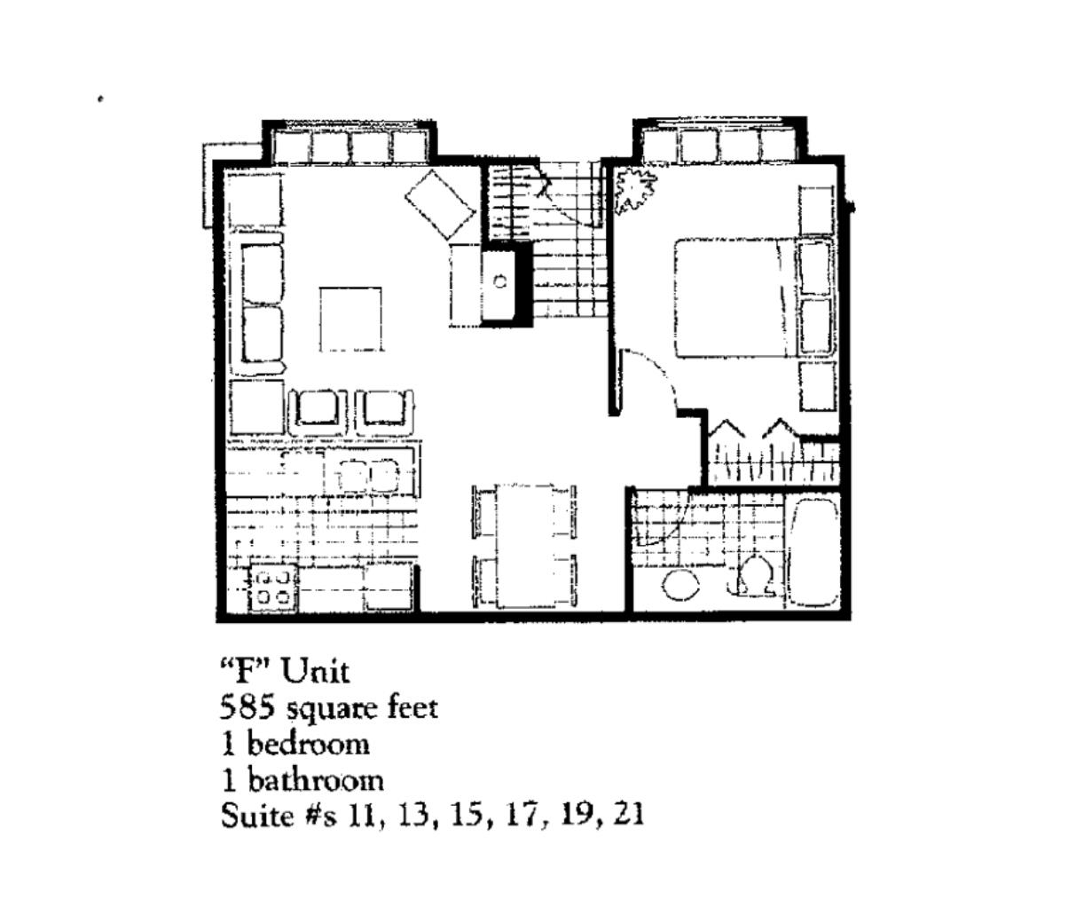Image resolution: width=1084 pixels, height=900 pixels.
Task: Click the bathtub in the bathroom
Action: (x=813, y=552)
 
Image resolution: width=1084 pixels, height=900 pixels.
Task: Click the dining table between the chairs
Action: (x=524, y=546)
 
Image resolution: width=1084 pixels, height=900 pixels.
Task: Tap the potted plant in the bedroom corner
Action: (x=634, y=188)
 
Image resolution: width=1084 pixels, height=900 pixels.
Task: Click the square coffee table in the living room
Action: (x=350, y=320)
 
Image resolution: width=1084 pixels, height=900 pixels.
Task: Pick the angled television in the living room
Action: (x=440, y=204)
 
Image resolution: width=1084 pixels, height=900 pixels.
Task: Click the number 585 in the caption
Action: (x=247, y=707)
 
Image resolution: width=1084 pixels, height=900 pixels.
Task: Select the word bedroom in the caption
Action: (x=309, y=744)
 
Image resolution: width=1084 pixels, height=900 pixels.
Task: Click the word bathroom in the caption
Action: (x=316, y=780)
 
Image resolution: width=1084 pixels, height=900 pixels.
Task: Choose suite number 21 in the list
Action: (x=629, y=815)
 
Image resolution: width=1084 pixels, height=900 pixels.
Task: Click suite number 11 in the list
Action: (x=363, y=815)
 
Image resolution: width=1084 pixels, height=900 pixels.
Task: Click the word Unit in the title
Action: (x=316, y=671)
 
